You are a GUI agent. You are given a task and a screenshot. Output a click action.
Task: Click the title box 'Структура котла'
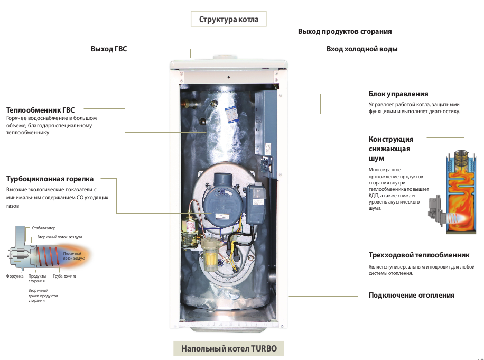coord(229,20)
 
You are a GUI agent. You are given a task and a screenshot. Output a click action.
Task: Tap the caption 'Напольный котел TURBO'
coord(229,349)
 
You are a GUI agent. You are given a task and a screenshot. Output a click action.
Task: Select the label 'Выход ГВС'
coord(109,49)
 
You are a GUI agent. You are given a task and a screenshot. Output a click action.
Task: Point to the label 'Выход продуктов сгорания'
coord(345,32)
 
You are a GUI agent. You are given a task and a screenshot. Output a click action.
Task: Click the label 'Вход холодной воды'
coord(362,49)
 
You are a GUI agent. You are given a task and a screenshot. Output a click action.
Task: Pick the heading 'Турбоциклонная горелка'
coord(50,179)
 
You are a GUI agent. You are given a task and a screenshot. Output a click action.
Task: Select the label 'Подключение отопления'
coord(412,296)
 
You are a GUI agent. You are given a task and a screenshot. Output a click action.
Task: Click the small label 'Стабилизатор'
coord(44,228)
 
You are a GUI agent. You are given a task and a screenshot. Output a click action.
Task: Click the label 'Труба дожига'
coord(64,276)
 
